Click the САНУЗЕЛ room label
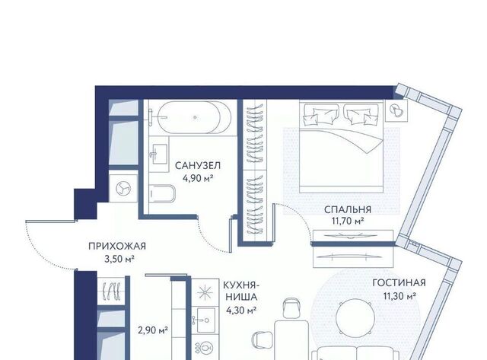click(198, 166)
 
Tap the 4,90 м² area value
click(198, 178)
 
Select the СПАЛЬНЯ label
click(348, 209)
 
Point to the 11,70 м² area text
click(348, 221)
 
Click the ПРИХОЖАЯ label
click(117, 247)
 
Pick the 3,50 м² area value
click(119, 259)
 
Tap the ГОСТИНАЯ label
click(399, 283)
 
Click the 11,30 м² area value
click(399, 296)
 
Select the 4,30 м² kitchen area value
click(241, 310)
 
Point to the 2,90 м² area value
click(153, 330)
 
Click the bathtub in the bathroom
click(195, 117)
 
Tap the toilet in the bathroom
click(162, 193)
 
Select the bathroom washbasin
click(160, 155)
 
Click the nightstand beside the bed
click(396, 110)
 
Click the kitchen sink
click(205, 320)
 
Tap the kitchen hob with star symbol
click(205, 292)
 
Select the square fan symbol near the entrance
click(123, 189)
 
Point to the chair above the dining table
click(292, 307)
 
